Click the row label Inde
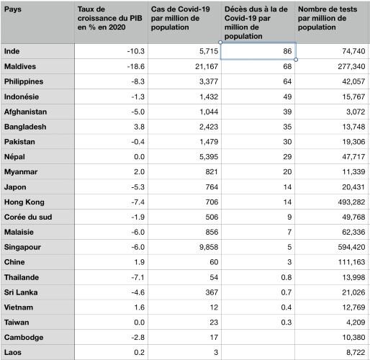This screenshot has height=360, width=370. point(12,51)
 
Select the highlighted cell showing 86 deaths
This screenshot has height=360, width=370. point(258,51)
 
